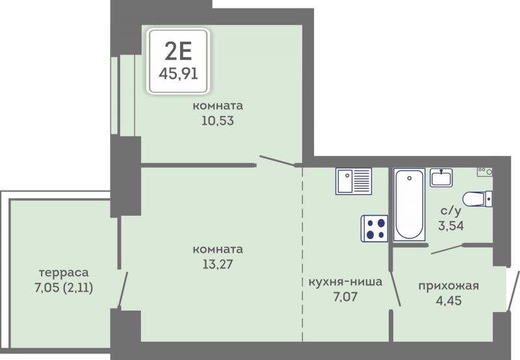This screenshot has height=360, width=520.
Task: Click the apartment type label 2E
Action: tap(178, 52)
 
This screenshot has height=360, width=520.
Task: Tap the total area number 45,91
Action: tap(178, 73)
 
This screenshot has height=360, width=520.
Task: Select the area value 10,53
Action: tap(218, 121)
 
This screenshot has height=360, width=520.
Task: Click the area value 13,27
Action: tap(218, 264)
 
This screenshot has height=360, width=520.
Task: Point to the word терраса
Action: tap(64, 273)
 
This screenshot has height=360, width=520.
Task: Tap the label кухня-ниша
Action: tap(345, 282)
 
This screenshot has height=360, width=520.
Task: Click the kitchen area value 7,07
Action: tap(345, 296)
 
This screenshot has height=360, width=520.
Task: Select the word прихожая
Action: tap(448, 286)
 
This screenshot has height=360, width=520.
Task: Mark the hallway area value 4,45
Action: tap(448, 301)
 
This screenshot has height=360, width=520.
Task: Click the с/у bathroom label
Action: tap(450, 211)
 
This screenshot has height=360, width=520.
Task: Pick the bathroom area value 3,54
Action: tap(450, 225)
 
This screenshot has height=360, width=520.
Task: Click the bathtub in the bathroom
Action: tap(409, 204)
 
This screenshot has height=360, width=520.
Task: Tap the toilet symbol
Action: tap(477, 199)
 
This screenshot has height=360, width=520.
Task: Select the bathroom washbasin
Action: tap(441, 177)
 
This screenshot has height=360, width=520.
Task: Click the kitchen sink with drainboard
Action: tap(354, 181)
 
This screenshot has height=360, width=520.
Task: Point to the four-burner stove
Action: tap(374, 228)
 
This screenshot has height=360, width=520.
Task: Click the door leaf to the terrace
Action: tap(123, 290)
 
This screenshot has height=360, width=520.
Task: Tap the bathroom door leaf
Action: tap(447, 250)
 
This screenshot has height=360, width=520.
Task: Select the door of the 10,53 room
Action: tap(278, 161)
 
